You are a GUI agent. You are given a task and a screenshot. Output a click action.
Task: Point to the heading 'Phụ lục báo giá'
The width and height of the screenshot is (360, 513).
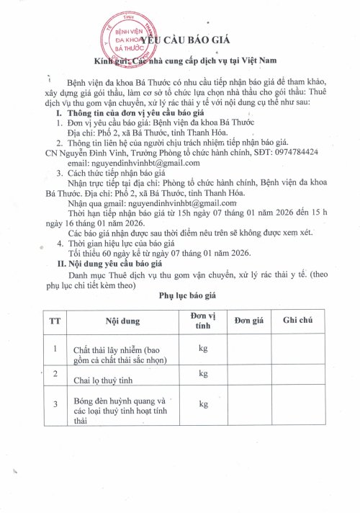(181, 295)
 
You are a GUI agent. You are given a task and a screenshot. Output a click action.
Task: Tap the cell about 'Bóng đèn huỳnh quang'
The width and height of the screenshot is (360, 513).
(120, 406)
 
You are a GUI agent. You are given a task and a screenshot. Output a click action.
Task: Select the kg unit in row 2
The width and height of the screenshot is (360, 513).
(203, 373)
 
